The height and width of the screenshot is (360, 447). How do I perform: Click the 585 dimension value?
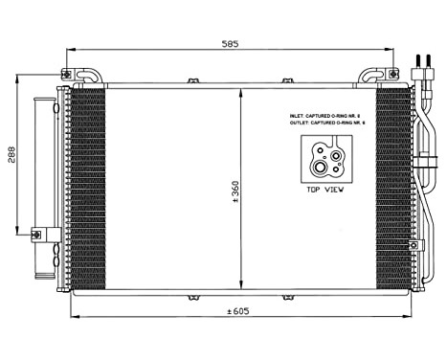pyautogui.click(x=227, y=43)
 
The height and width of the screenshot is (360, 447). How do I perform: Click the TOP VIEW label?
pyautogui.click(x=326, y=190)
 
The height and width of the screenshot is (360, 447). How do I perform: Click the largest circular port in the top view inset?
pyautogui.click(x=319, y=169)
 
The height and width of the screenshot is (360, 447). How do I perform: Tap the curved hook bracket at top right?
pyautogui.click(x=373, y=75)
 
